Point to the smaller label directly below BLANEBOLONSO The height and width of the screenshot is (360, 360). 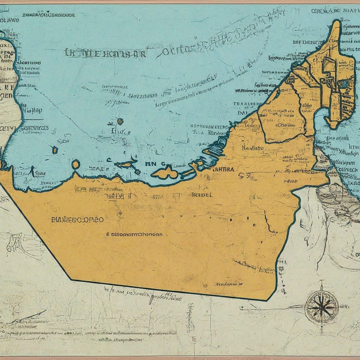click(134, 233)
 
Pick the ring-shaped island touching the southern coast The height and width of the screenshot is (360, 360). click(76, 164)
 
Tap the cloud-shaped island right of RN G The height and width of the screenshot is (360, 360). click(165, 173)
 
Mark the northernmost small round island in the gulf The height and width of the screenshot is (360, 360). click(120, 121)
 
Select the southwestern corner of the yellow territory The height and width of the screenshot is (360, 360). click(71, 279)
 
